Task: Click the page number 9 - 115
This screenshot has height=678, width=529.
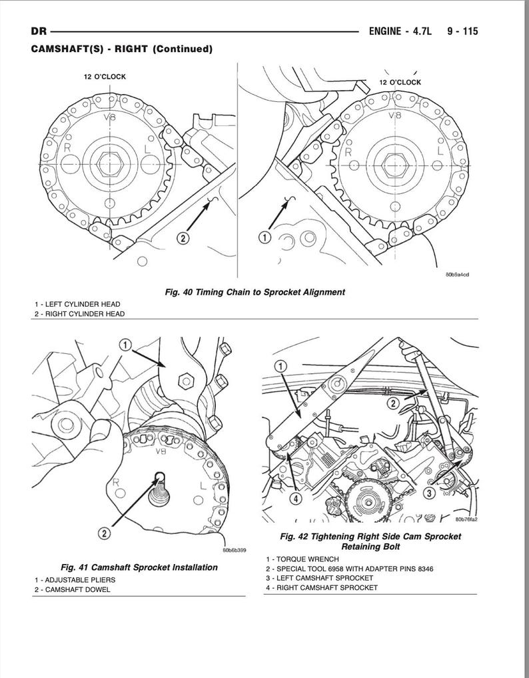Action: click(459, 31)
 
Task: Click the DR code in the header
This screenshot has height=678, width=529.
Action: click(39, 31)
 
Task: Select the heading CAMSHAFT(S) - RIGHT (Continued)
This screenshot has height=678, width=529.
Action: click(121, 49)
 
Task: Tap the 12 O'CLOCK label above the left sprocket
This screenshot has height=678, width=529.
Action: click(105, 77)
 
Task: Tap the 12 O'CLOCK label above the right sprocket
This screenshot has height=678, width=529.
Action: click(400, 82)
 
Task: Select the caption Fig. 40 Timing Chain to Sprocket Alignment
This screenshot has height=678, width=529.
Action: click(255, 291)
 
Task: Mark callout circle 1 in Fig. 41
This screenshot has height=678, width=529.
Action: click(127, 344)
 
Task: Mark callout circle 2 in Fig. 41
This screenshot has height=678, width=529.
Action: click(105, 533)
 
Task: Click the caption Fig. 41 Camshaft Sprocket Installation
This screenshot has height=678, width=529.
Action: click(139, 567)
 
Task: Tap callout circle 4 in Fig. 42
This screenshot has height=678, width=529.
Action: click(295, 497)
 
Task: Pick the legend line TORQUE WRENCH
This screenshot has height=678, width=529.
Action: click(302, 559)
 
